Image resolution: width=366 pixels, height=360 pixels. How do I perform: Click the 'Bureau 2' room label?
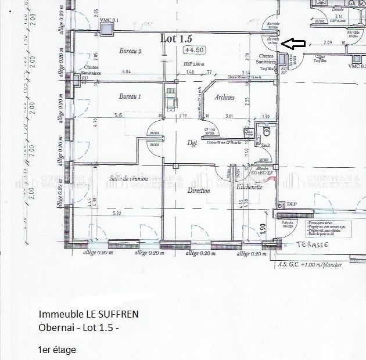click(131, 51)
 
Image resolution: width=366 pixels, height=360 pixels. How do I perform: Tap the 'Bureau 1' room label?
click(131, 96)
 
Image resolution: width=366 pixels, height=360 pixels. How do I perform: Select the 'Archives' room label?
click(224, 98)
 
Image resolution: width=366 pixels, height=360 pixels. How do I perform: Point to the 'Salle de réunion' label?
click(129, 178)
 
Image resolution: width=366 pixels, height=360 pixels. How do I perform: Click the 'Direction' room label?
click(199, 190)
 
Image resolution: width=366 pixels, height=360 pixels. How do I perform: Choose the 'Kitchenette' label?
click(250, 187)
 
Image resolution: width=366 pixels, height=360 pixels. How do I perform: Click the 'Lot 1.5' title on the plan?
click(175, 39)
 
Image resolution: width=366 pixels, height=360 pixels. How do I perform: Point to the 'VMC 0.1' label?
click(109, 21)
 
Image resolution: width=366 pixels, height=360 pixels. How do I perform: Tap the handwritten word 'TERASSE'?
click(313, 245)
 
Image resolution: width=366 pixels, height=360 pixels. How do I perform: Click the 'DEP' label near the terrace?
click(292, 204)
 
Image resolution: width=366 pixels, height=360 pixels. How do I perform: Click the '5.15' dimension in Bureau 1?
click(119, 116)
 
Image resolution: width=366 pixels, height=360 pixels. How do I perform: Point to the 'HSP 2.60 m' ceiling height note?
click(193, 64)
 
